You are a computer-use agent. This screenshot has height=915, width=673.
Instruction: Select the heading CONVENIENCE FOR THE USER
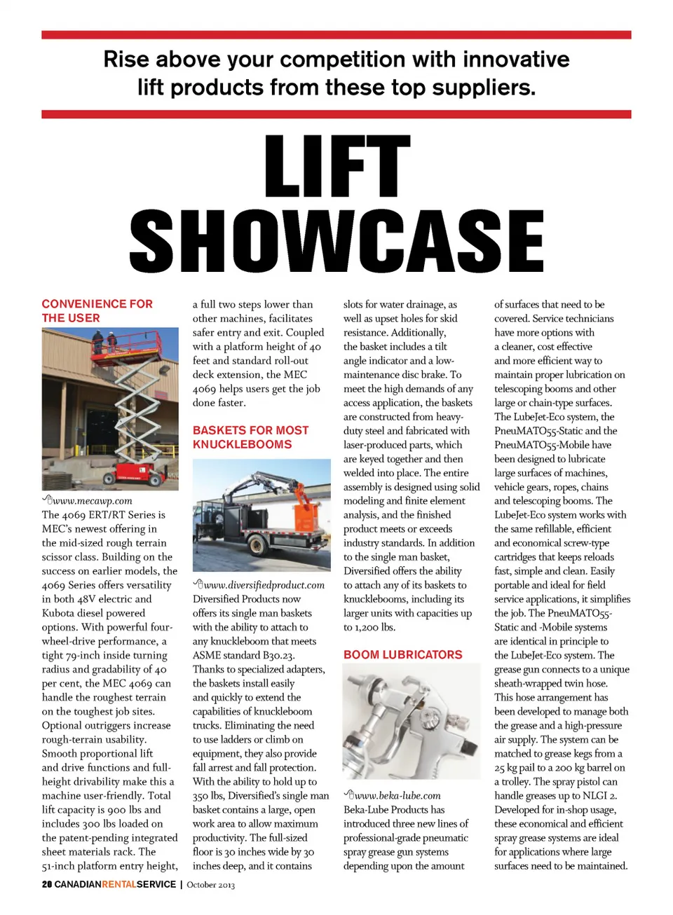(x=97, y=310)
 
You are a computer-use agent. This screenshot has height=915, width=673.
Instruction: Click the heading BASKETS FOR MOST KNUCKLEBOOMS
(x=250, y=437)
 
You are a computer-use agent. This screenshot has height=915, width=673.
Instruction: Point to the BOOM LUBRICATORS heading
(x=402, y=654)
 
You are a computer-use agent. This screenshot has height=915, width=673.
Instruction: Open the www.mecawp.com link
(x=92, y=501)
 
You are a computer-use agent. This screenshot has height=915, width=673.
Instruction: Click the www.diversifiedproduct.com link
(x=264, y=585)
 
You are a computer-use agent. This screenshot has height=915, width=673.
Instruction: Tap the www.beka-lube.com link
(x=397, y=795)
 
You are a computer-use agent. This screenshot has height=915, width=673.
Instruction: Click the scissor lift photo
(x=110, y=408)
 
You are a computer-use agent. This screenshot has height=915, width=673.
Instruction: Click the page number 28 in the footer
(x=47, y=884)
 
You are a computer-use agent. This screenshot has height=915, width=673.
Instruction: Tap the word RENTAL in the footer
(x=119, y=884)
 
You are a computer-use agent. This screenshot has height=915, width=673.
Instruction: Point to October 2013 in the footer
(x=210, y=885)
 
